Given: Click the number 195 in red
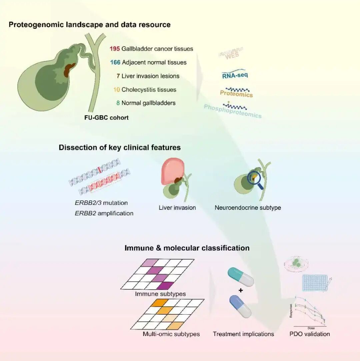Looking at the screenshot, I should (114, 49).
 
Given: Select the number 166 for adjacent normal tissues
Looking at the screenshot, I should (115, 62).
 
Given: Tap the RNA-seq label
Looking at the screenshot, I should (235, 76).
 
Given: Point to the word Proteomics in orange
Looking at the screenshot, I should (236, 94).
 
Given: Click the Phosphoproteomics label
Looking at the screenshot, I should (233, 111).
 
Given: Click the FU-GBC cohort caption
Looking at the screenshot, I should (106, 118).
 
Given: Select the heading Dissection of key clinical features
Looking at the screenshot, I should (120, 147).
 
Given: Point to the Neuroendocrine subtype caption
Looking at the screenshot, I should (248, 208).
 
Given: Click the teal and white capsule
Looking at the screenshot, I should (240, 276).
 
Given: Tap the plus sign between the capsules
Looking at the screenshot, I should (241, 291).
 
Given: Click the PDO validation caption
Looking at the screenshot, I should (310, 334).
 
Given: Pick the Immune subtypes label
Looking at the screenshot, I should (160, 294).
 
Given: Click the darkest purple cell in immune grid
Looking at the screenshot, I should (164, 286).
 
